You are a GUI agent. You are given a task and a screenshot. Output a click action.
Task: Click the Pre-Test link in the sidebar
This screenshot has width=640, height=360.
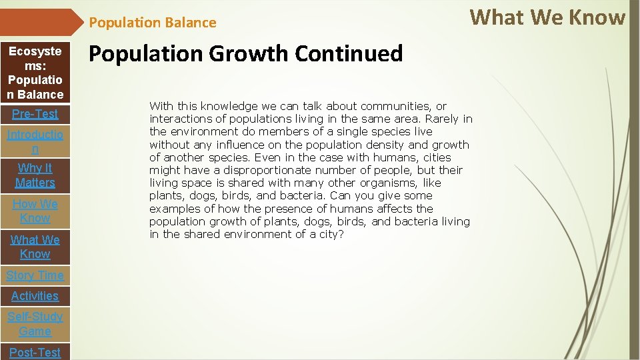click(x=35, y=114)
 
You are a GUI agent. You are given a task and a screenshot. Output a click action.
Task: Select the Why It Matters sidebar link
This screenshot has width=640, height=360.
click(x=35, y=175)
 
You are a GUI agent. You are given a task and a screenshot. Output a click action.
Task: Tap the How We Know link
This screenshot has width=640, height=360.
click(x=35, y=211)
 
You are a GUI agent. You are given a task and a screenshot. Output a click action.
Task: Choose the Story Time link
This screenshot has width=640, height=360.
click(x=35, y=275)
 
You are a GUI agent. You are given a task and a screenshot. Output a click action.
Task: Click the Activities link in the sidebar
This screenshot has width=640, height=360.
click(x=35, y=296)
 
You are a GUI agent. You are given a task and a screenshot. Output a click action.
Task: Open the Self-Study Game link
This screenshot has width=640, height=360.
click(x=35, y=324)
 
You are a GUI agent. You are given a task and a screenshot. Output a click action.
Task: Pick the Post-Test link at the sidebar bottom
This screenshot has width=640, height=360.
click(x=35, y=352)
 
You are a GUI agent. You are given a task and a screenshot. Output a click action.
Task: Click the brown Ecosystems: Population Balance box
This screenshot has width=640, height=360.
click(x=35, y=73)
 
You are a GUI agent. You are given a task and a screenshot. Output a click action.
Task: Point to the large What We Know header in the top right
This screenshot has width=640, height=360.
click(x=548, y=17)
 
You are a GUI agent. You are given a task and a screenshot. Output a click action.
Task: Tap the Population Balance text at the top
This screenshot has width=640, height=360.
click(x=153, y=23)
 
